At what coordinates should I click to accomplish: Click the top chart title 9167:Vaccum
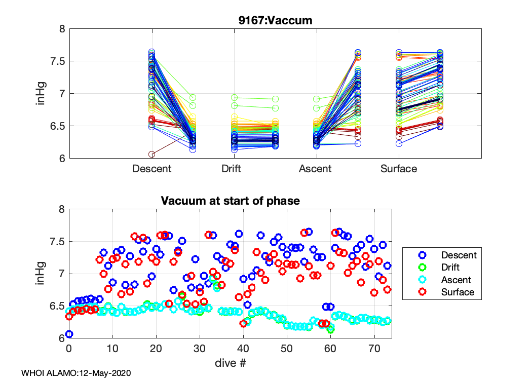click(x=275, y=21)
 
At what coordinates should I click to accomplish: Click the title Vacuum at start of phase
click(x=230, y=201)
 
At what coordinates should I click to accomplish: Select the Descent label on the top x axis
click(x=152, y=169)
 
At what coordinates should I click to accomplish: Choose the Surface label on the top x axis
click(x=399, y=169)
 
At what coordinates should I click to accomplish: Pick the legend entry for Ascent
click(x=455, y=280)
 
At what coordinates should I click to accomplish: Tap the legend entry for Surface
click(x=458, y=292)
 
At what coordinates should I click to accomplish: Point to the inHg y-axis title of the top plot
click(x=42, y=94)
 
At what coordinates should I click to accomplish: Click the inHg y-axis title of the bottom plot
click(x=42, y=274)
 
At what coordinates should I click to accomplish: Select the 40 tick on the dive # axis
click(x=243, y=349)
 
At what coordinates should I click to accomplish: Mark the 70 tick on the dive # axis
click(x=374, y=349)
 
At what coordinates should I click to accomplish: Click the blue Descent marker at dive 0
click(x=69, y=334)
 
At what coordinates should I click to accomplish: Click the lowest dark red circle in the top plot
click(x=151, y=154)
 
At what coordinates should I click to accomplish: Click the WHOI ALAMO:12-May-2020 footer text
click(x=76, y=373)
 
